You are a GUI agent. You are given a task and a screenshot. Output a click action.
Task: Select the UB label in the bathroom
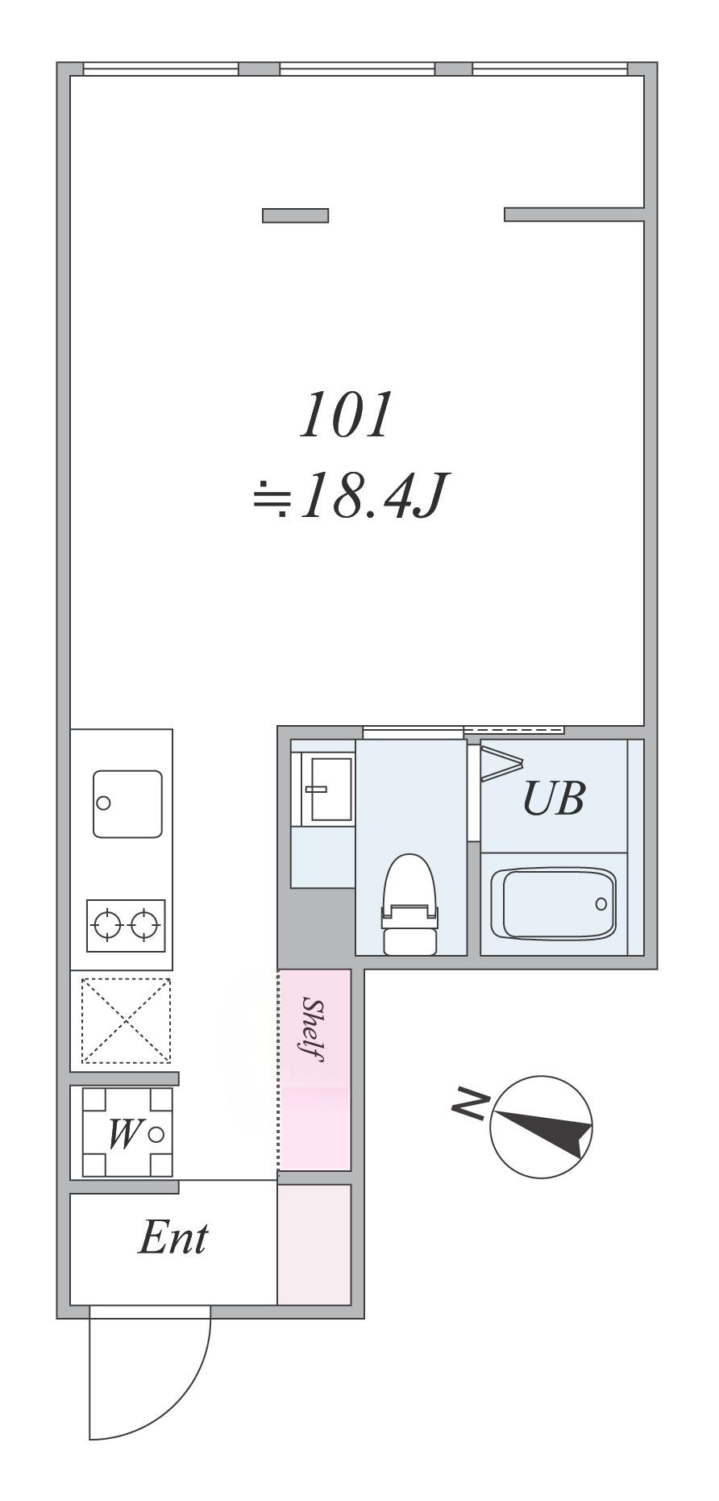(553, 798)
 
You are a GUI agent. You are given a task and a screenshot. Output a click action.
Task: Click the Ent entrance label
(173, 1237)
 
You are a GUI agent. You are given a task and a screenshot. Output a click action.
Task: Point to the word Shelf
(314, 1029)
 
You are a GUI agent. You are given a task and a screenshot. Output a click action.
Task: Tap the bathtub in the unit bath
(553, 903)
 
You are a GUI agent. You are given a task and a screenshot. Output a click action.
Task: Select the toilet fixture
(409, 904)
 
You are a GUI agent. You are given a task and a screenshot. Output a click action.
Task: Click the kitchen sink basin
(127, 803)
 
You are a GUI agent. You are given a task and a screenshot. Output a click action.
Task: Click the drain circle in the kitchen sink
(103, 803)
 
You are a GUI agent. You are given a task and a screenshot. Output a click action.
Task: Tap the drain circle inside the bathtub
(601, 903)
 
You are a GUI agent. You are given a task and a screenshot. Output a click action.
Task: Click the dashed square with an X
(127, 1019)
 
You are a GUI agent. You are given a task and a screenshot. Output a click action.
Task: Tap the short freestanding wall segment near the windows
(295, 215)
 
